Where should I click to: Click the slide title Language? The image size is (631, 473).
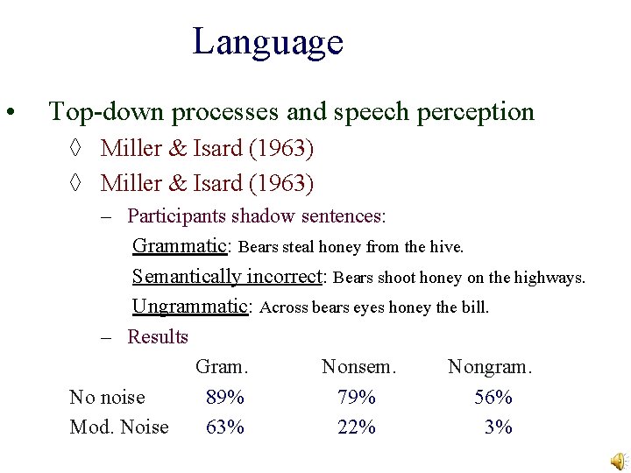(267, 41)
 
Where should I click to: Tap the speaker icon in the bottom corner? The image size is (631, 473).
(619, 462)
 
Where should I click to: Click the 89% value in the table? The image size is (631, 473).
(225, 398)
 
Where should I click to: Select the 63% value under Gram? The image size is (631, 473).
(225, 427)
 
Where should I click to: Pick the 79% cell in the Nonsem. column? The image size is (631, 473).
(357, 398)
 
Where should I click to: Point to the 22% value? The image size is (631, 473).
(357, 427)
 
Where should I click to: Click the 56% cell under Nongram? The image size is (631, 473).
(493, 398)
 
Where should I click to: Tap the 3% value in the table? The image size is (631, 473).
(499, 427)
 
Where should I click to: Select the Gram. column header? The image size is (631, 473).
(223, 367)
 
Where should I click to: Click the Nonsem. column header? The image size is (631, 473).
(359, 367)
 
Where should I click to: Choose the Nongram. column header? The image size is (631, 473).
(490, 367)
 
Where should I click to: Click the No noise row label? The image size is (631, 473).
(107, 398)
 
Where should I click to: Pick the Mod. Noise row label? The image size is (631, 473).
(118, 427)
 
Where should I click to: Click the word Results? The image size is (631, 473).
(158, 337)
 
